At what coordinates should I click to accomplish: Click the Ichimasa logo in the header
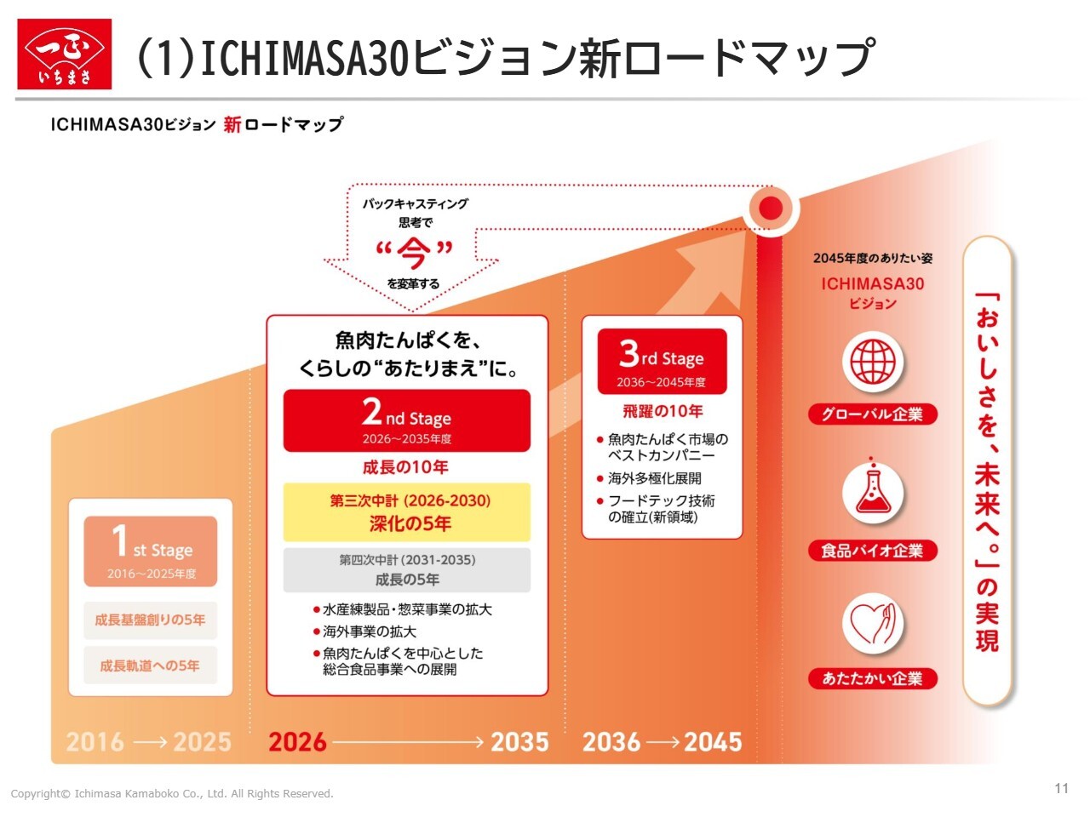point(64,54)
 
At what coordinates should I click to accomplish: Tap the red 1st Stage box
point(151,551)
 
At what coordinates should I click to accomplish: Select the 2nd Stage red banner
point(406,420)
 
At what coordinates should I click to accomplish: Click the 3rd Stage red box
point(662,361)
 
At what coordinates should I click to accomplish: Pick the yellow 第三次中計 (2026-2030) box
point(406,512)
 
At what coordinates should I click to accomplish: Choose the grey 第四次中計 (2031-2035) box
point(406,570)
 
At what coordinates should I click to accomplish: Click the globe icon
point(873,362)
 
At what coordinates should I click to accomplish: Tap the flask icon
point(873,493)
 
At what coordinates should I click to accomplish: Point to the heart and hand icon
point(873,623)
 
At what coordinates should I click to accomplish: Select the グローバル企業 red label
point(873,414)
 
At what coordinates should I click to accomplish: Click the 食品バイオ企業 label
point(873,551)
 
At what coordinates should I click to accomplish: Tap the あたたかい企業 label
point(873,678)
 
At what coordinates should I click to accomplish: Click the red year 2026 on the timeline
point(297,742)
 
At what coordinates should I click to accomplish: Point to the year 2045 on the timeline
point(713,742)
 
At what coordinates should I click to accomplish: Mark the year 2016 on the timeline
point(95,742)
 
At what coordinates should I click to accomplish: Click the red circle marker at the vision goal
point(771,208)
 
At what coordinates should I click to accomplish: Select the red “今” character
point(414,253)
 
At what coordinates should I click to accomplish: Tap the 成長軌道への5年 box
point(151,666)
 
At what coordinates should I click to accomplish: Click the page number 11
point(1062,788)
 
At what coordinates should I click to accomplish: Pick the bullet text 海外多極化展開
point(655,478)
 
